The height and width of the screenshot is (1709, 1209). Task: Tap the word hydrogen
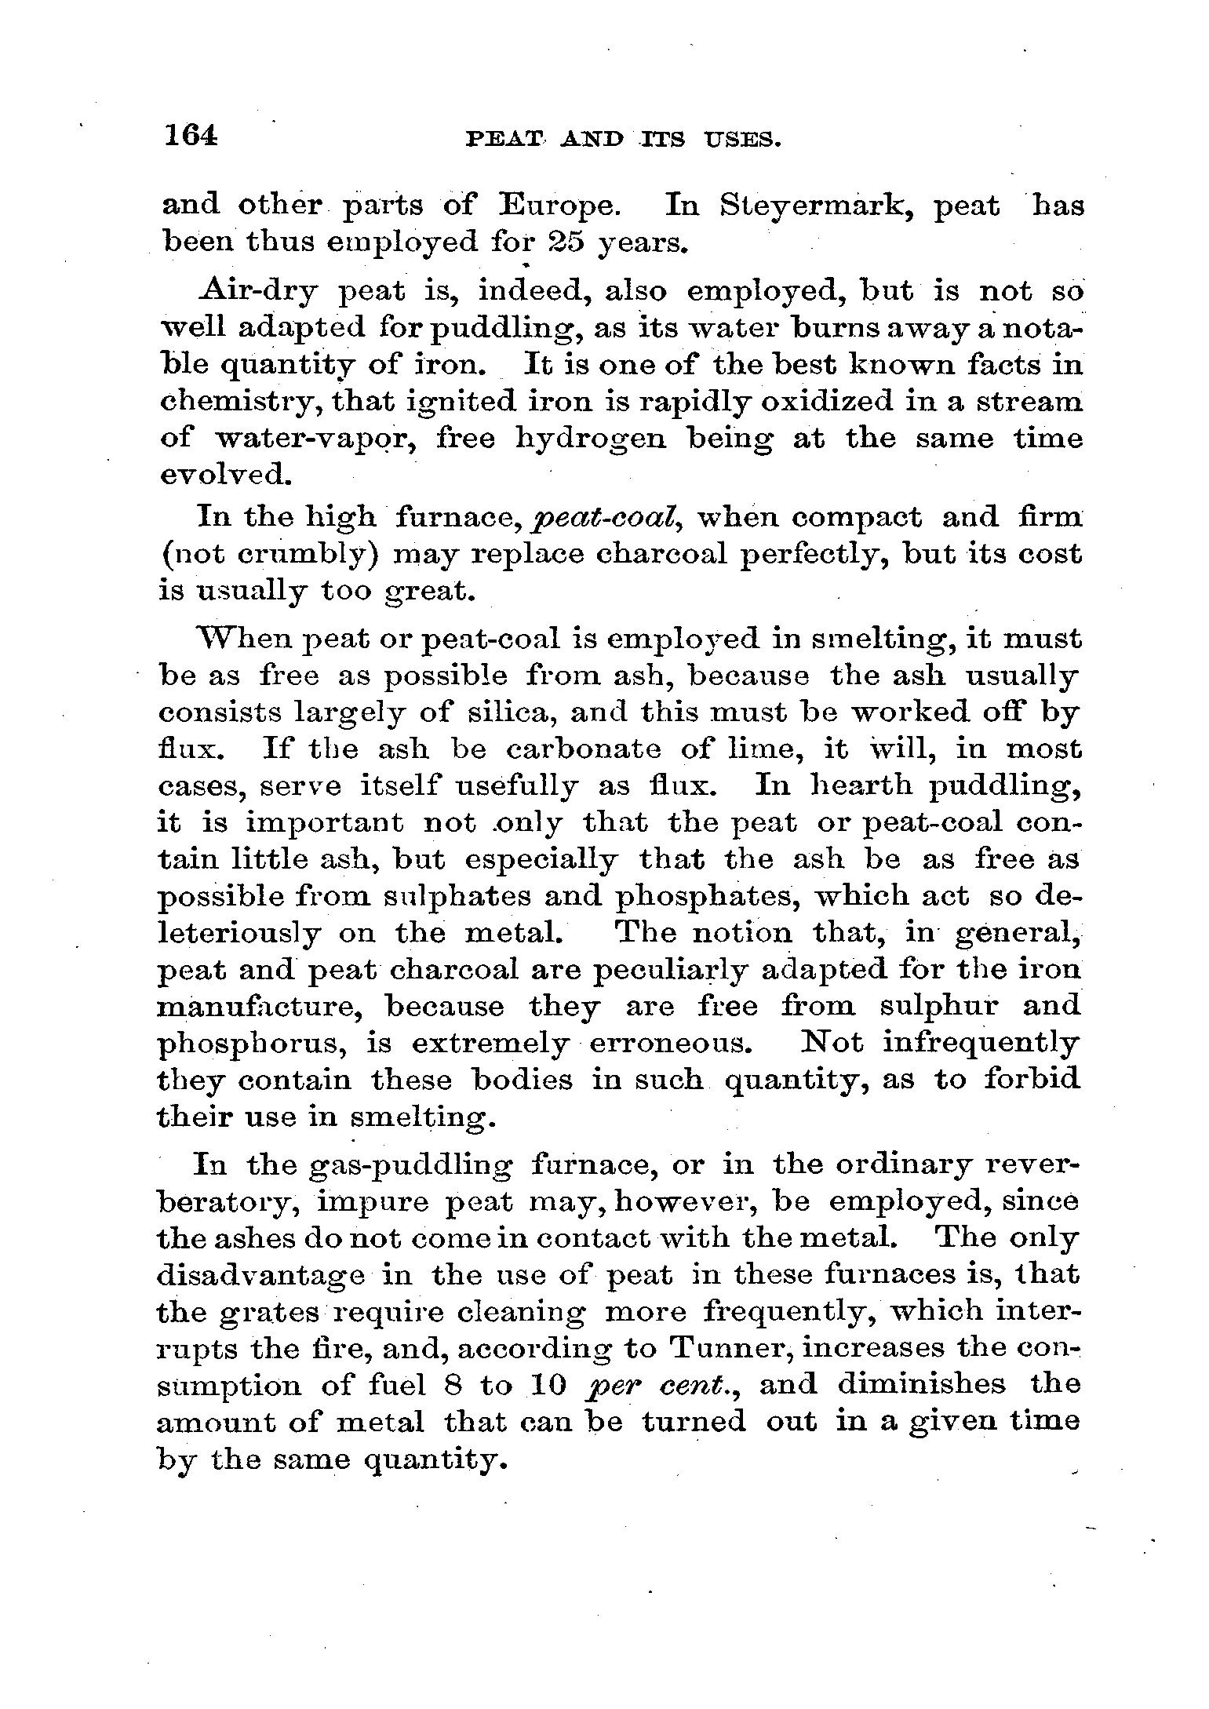(592, 439)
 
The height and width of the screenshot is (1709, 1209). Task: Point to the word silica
(512, 713)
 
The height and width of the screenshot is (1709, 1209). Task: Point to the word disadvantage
(260, 1276)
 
